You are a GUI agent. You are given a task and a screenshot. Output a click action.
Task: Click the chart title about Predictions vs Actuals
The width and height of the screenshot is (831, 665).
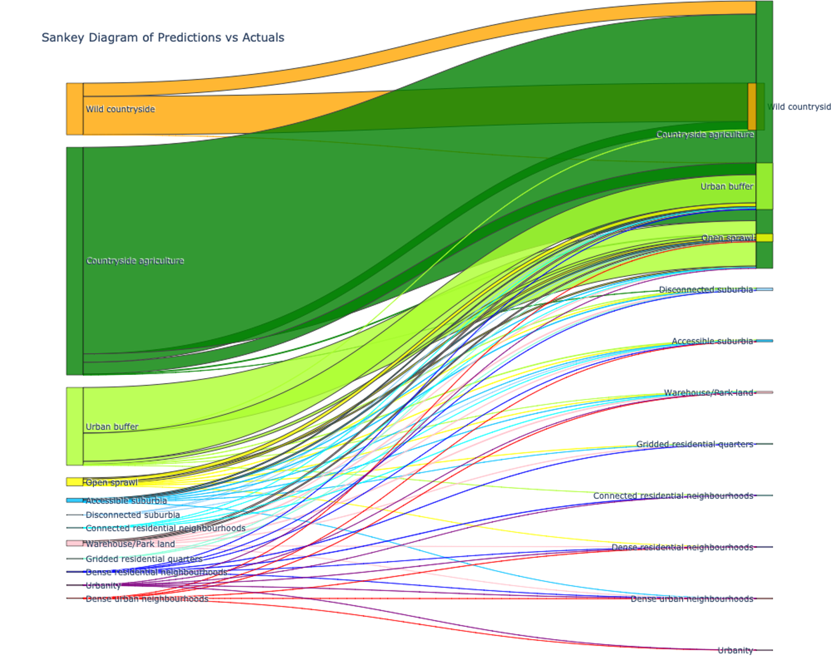point(163,38)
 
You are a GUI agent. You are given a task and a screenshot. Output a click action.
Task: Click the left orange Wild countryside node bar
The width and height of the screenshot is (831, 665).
point(74,109)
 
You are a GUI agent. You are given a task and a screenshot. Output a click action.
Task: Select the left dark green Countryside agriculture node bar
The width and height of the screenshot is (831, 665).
point(74,260)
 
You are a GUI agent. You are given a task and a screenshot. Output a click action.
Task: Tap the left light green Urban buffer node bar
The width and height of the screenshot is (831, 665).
point(74,426)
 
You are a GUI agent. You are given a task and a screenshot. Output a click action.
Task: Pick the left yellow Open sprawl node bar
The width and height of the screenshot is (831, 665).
point(74,482)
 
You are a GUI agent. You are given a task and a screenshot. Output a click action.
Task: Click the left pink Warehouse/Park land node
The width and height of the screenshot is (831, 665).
point(74,543)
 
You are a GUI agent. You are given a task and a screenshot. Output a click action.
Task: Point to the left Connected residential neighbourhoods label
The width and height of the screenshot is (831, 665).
point(165,528)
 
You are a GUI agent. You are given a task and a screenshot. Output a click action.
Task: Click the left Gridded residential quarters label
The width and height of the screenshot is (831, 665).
point(143,559)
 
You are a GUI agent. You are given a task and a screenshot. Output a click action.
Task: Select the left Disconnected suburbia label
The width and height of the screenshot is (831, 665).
point(132,515)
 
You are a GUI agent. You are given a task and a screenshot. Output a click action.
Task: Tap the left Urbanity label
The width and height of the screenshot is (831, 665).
point(103,586)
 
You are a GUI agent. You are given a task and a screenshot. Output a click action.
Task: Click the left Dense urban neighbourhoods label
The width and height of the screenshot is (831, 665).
point(147,599)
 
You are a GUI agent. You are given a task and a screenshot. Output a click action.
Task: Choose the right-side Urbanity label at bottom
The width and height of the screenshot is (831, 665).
point(735,650)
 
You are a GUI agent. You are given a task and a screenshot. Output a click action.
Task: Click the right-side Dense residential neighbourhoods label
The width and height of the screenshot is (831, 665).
point(682,547)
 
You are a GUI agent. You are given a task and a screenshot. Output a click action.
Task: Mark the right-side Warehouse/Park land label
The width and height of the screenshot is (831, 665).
point(708,393)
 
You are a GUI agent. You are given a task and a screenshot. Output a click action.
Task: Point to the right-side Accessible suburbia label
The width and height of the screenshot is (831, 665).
point(712,341)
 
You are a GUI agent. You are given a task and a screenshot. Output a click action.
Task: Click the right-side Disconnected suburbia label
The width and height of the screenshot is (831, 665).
point(705,289)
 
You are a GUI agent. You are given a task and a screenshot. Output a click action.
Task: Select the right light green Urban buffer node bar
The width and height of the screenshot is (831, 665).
point(764,186)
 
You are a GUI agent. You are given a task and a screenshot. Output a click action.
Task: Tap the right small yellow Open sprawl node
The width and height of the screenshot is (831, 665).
point(764,238)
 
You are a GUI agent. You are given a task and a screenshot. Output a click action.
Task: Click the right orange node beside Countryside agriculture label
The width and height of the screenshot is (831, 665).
point(752,107)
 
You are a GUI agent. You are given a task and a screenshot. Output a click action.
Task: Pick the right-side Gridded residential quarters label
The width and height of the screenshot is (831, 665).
point(694,444)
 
